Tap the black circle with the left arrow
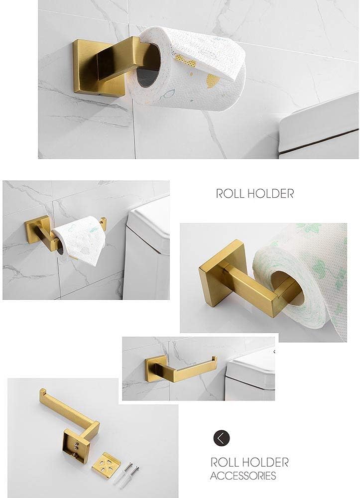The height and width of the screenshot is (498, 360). tap(222, 438)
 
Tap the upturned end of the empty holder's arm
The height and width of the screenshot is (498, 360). tap(215, 360)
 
